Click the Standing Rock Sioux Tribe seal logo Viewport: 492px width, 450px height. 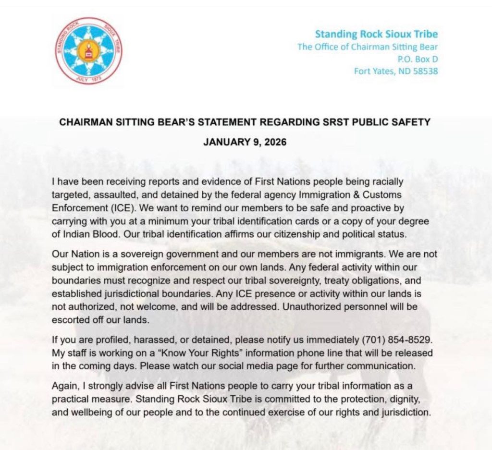88,51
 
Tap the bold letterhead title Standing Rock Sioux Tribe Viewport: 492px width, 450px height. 376,34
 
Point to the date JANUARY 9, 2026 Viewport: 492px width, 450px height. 245,142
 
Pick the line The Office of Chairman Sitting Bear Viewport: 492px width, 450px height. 368,47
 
